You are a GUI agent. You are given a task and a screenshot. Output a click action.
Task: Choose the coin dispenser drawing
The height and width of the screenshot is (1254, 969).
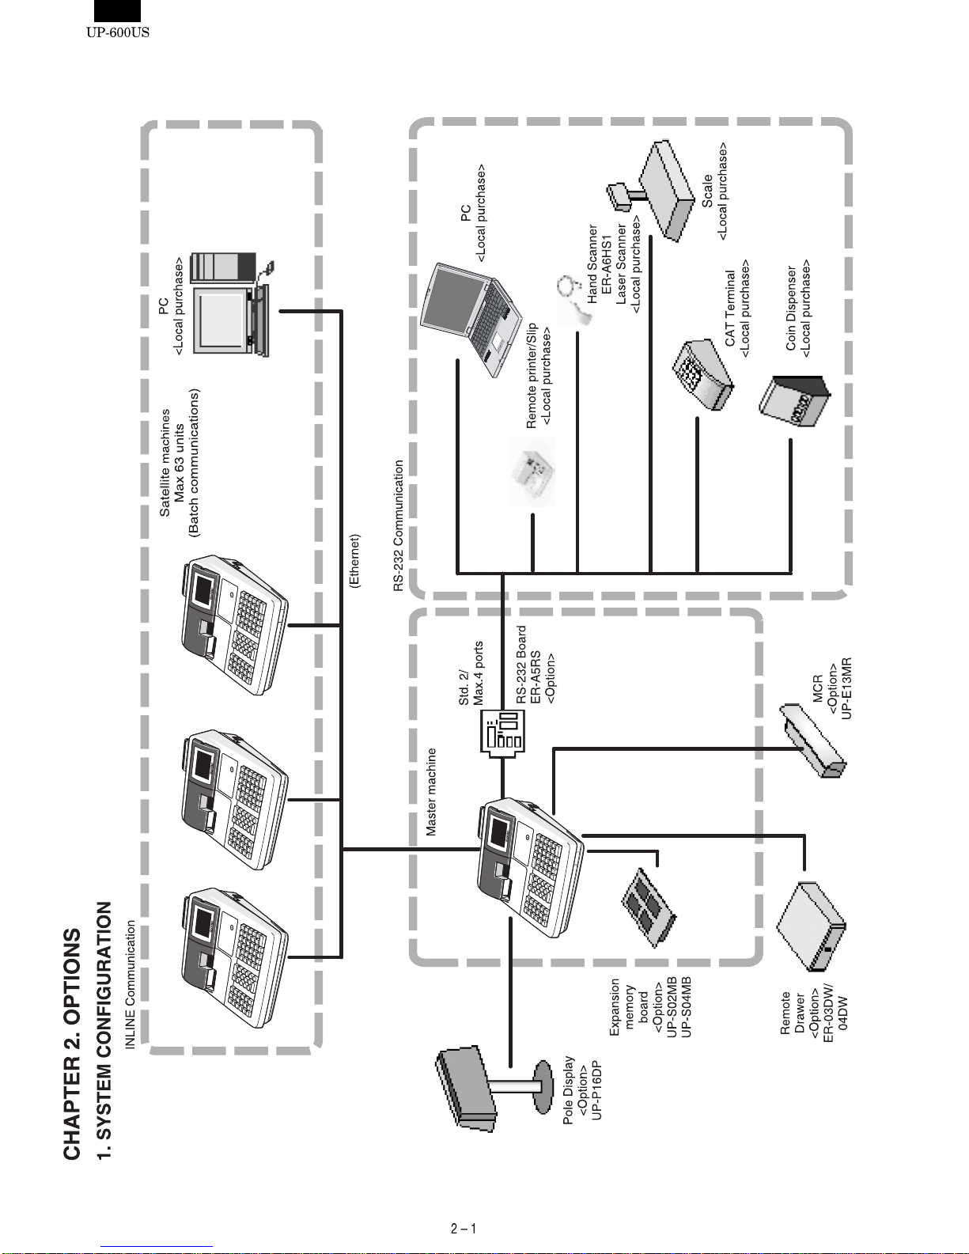tap(795, 400)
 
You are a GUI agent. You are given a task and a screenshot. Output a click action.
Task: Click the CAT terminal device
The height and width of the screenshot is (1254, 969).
tap(702, 374)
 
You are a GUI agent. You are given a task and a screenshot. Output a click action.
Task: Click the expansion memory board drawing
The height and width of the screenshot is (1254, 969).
tap(649, 907)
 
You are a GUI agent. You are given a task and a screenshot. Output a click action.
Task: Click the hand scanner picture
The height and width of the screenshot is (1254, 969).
tap(575, 300)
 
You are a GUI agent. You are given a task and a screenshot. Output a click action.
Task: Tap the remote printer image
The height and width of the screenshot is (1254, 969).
tap(533, 472)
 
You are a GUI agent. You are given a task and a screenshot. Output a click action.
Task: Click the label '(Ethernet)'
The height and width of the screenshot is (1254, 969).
tap(354, 561)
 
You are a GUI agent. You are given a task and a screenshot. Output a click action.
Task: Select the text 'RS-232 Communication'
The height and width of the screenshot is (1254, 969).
tap(398, 525)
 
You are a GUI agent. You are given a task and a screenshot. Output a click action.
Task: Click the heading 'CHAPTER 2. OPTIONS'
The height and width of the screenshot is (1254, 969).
tap(72, 1044)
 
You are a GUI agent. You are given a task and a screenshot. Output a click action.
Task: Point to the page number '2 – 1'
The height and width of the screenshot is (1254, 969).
tap(464, 1229)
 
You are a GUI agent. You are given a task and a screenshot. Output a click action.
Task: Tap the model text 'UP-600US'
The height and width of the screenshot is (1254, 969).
tap(118, 32)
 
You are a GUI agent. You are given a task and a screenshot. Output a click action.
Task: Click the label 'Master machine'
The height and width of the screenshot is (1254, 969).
tap(431, 792)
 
